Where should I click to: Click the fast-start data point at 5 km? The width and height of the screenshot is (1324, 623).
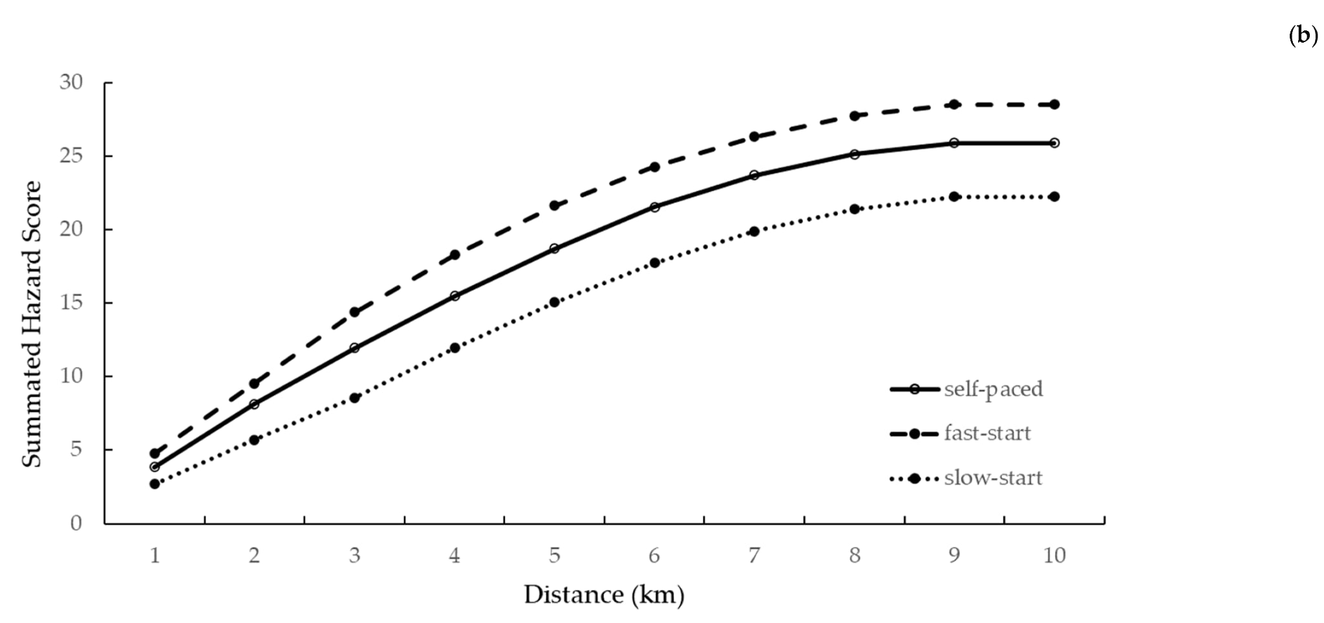click(x=554, y=206)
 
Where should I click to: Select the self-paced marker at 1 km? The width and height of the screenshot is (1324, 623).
click(x=155, y=467)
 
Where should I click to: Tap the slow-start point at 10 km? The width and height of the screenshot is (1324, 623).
click(x=1054, y=196)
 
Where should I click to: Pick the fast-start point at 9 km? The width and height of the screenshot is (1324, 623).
click(x=954, y=104)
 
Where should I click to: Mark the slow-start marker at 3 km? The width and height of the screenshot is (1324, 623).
click(x=354, y=398)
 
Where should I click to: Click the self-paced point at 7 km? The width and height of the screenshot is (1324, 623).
click(x=754, y=175)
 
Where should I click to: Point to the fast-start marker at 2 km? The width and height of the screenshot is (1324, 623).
click(x=254, y=384)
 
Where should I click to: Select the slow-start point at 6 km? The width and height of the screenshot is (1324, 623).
click(x=654, y=262)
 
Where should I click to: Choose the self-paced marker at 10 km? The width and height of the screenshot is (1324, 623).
click(x=1054, y=143)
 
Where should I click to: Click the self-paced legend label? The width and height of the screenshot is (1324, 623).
click(x=993, y=389)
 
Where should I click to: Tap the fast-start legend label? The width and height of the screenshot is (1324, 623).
click(x=987, y=433)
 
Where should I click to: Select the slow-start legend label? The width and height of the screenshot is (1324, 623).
click(x=993, y=478)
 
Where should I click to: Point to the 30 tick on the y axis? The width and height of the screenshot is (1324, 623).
click(x=72, y=83)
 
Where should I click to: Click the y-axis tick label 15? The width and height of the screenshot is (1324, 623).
click(x=72, y=302)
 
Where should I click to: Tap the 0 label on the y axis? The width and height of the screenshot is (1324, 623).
click(x=76, y=523)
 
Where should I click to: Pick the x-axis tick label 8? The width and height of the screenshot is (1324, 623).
click(x=855, y=555)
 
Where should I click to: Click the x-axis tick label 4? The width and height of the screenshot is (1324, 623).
click(x=454, y=555)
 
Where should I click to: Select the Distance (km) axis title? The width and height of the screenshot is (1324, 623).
click(x=604, y=595)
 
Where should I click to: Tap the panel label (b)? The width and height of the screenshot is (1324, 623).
click(x=1303, y=35)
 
